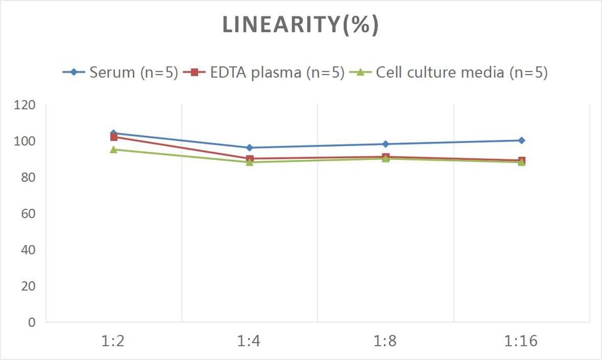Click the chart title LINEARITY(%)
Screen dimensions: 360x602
pyautogui.click(x=300, y=24)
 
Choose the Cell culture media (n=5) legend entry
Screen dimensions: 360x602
pyautogui.click(x=462, y=72)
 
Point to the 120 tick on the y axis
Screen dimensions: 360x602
pyautogui.click(x=24, y=105)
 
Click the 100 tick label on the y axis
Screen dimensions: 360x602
pyautogui.click(x=24, y=141)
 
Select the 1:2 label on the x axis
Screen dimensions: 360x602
pyautogui.click(x=114, y=342)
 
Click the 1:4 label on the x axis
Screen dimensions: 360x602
pyautogui.click(x=250, y=342)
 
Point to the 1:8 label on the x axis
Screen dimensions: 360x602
pyautogui.click(x=386, y=342)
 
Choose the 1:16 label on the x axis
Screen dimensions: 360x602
pyautogui.click(x=522, y=342)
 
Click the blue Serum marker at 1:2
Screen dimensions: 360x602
pyautogui.click(x=114, y=133)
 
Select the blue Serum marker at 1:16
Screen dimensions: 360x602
pyautogui.click(x=522, y=140)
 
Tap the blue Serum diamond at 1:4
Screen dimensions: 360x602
pyautogui.click(x=250, y=148)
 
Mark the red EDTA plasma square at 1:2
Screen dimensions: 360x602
pyautogui.click(x=114, y=137)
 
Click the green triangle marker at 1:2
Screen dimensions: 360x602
pyautogui.click(x=114, y=149)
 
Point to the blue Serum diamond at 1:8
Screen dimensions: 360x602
pyautogui.click(x=386, y=144)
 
